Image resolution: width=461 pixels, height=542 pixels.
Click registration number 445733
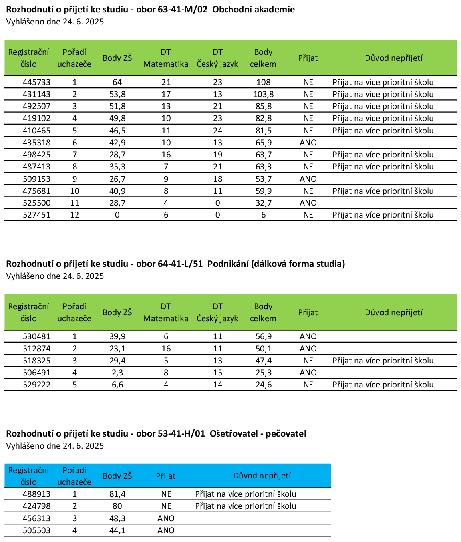click(x=37, y=82)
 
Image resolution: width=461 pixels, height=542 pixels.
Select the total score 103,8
click(x=263, y=94)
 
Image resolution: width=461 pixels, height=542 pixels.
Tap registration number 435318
click(x=37, y=143)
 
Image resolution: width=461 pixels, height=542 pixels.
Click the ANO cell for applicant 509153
click(x=308, y=179)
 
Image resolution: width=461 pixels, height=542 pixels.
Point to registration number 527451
click(x=37, y=215)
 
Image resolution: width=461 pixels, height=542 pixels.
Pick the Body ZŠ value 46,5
click(x=117, y=131)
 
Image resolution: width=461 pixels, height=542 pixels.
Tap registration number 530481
click(x=37, y=336)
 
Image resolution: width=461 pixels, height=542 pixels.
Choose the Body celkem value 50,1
click(x=264, y=349)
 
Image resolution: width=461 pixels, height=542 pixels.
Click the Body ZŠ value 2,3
click(x=117, y=373)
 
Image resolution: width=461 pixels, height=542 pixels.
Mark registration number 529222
click(x=37, y=385)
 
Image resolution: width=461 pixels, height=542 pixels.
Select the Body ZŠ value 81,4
click(x=117, y=494)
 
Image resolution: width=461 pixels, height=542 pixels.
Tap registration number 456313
click(x=37, y=518)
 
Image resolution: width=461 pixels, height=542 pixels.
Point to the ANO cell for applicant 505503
click(x=166, y=530)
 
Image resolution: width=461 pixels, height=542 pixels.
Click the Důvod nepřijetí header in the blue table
click(x=262, y=476)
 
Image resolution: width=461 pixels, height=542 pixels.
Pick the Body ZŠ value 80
click(x=117, y=506)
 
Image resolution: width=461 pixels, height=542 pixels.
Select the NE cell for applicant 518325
click(x=308, y=361)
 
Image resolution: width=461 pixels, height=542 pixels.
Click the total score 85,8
click(x=264, y=106)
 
